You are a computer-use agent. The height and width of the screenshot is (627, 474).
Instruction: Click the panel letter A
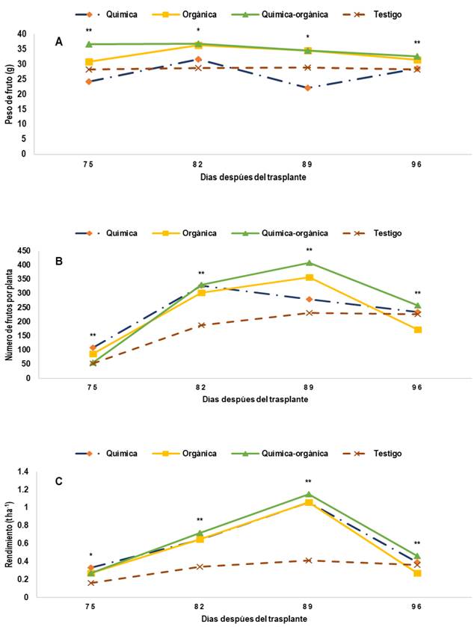click(x=59, y=42)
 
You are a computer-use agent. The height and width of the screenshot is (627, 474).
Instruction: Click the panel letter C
click(x=58, y=481)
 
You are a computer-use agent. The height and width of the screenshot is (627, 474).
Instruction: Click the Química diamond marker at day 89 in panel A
click(x=307, y=87)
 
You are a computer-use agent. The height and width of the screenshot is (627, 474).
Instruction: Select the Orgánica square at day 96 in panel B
click(x=417, y=330)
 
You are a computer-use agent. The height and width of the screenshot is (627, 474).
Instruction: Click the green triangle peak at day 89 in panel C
click(x=308, y=495)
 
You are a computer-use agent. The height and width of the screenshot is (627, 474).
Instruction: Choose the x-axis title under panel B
click(x=254, y=399)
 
